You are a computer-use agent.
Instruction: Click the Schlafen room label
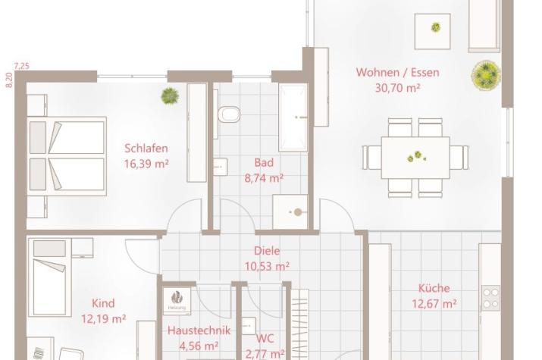[146, 149]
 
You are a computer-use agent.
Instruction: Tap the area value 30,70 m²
[397, 88]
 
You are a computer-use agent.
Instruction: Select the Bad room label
[264, 162]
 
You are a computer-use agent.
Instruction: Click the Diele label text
[267, 251]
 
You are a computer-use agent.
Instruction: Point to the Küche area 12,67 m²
[434, 304]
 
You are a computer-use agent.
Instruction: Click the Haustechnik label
[199, 330]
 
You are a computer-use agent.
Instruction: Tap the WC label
[265, 339]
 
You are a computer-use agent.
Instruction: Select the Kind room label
[103, 303]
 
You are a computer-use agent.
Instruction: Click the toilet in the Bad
[229, 114]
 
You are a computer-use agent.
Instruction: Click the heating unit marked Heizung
[177, 300]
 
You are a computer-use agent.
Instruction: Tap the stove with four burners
[491, 298]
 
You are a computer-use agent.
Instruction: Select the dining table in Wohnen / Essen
[415, 158]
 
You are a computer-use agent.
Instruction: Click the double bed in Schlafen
[67, 156]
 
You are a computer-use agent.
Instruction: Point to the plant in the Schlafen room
[170, 95]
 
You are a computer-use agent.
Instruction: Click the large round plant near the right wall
[486, 75]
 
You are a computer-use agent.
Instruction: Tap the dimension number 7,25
[22, 66]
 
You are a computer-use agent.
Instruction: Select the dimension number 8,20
[9, 80]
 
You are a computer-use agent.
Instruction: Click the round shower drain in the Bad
[298, 212]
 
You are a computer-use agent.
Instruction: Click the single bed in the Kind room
[49, 277]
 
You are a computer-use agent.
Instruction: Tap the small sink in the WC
[249, 326]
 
